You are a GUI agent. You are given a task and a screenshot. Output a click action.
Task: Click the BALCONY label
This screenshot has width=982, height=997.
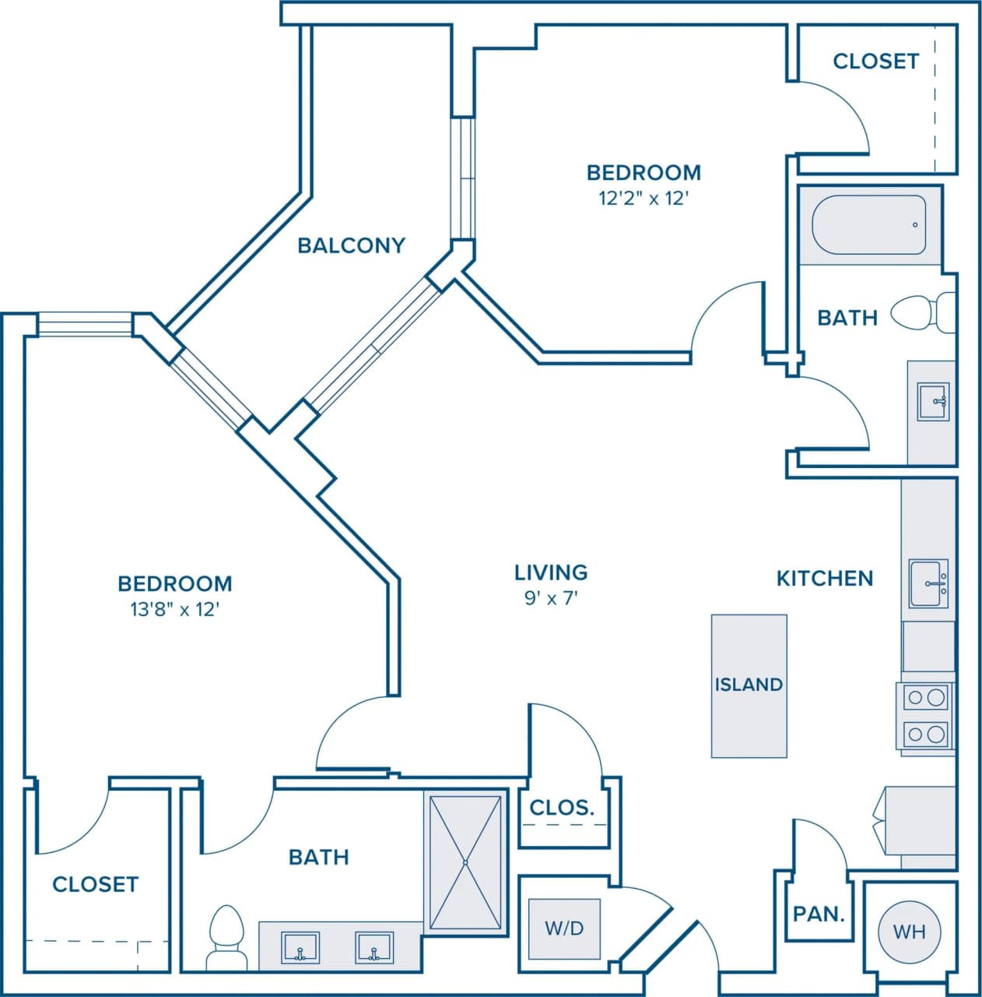click(351, 245)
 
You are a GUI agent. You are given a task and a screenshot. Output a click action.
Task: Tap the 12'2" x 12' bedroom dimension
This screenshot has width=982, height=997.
click(644, 198)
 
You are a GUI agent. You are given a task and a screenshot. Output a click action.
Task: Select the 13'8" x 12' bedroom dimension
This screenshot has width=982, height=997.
click(175, 609)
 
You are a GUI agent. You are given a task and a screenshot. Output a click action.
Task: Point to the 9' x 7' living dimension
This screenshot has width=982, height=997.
click(551, 598)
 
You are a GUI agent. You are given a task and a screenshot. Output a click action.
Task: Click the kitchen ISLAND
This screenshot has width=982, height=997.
click(749, 685)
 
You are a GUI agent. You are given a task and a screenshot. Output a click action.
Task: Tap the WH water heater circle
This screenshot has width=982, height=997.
click(909, 931)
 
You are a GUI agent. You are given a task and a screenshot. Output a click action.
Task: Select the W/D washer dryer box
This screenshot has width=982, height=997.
click(564, 928)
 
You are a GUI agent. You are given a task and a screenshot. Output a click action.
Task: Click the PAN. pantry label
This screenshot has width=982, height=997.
click(819, 914)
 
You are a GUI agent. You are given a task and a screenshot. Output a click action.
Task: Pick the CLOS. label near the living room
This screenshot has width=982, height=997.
click(562, 808)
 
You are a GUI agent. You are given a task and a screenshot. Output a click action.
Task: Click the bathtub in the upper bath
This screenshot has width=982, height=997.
click(869, 225)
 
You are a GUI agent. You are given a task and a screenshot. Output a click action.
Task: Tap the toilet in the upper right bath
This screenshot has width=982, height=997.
click(922, 313)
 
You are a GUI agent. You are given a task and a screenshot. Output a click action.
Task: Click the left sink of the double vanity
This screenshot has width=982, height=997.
click(300, 948)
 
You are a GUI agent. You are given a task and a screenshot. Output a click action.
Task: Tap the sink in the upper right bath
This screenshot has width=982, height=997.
click(933, 402)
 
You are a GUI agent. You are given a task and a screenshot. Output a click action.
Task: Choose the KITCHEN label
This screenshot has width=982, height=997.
click(825, 578)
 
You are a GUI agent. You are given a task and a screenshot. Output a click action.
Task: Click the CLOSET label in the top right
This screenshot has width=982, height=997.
click(875, 61)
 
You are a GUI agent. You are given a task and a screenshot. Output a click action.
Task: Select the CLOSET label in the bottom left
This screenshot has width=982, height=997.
click(95, 884)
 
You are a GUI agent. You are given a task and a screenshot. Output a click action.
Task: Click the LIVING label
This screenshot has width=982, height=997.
click(551, 572)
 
